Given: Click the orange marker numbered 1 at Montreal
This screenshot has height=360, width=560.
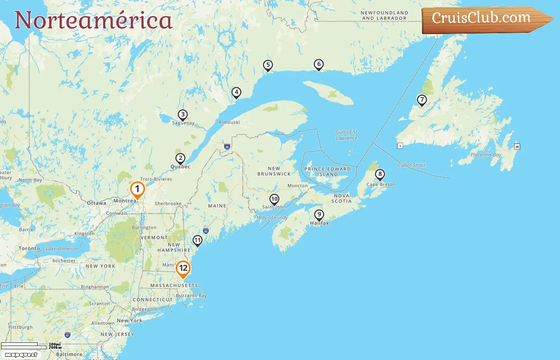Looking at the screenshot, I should [x=137, y=189].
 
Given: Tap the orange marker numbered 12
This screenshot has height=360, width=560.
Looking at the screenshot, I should [x=183, y=268].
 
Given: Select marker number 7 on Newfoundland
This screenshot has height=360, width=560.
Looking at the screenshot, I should [x=422, y=100].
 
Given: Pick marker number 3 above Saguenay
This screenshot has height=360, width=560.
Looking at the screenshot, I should [x=183, y=115].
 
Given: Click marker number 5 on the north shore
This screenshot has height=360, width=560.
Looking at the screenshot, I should [x=268, y=65].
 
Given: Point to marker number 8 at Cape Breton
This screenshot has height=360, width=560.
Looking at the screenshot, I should [x=380, y=174].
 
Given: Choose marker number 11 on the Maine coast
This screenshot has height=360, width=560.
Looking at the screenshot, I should [x=198, y=240].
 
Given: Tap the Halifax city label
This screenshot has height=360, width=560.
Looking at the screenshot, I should [x=319, y=223].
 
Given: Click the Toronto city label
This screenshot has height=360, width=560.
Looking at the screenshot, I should [x=29, y=248].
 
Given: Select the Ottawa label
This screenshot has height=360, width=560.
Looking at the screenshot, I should [x=97, y=203].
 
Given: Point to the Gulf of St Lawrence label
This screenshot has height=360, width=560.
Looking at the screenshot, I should [x=346, y=135].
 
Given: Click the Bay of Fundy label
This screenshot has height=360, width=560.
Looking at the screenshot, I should [x=273, y=218].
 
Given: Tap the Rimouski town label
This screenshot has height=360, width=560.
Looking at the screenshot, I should [x=229, y=122].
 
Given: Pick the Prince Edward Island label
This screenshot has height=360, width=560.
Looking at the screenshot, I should [x=328, y=172].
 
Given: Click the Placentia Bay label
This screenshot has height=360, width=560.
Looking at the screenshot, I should [x=486, y=155].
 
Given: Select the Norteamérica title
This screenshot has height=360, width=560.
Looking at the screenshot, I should [x=94, y=20].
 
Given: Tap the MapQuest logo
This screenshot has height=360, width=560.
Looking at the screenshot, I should [x=21, y=355].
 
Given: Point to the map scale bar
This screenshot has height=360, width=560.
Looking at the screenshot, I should [x=24, y=344].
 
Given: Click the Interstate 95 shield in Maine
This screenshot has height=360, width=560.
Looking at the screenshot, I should [x=206, y=231].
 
